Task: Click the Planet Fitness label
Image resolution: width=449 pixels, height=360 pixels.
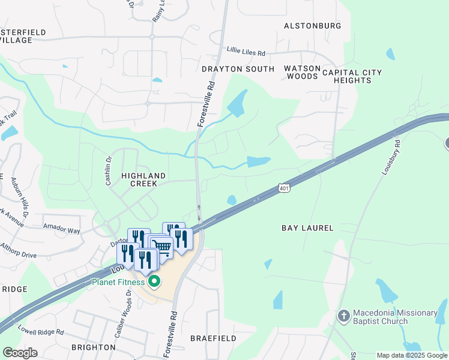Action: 118,282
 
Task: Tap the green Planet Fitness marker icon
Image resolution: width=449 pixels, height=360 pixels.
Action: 155,281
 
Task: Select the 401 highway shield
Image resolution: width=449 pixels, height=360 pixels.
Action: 285,189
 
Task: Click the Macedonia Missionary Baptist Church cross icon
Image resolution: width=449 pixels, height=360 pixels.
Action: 344,316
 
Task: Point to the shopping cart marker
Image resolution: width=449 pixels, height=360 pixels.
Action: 163,246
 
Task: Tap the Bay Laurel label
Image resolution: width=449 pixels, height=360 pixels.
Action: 307,228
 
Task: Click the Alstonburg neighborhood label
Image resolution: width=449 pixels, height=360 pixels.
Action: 312,26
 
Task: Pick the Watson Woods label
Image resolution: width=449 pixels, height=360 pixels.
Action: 302,72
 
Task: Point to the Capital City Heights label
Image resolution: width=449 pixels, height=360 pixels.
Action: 352,76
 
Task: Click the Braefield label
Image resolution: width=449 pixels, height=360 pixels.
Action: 213,338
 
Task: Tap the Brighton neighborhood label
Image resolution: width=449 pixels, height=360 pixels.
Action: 93,347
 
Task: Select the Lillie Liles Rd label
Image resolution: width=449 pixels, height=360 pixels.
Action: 246,50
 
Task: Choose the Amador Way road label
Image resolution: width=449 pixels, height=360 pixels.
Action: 61,229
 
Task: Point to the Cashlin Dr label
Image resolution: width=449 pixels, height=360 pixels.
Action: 109,170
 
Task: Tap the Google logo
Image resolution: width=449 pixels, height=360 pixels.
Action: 20,352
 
